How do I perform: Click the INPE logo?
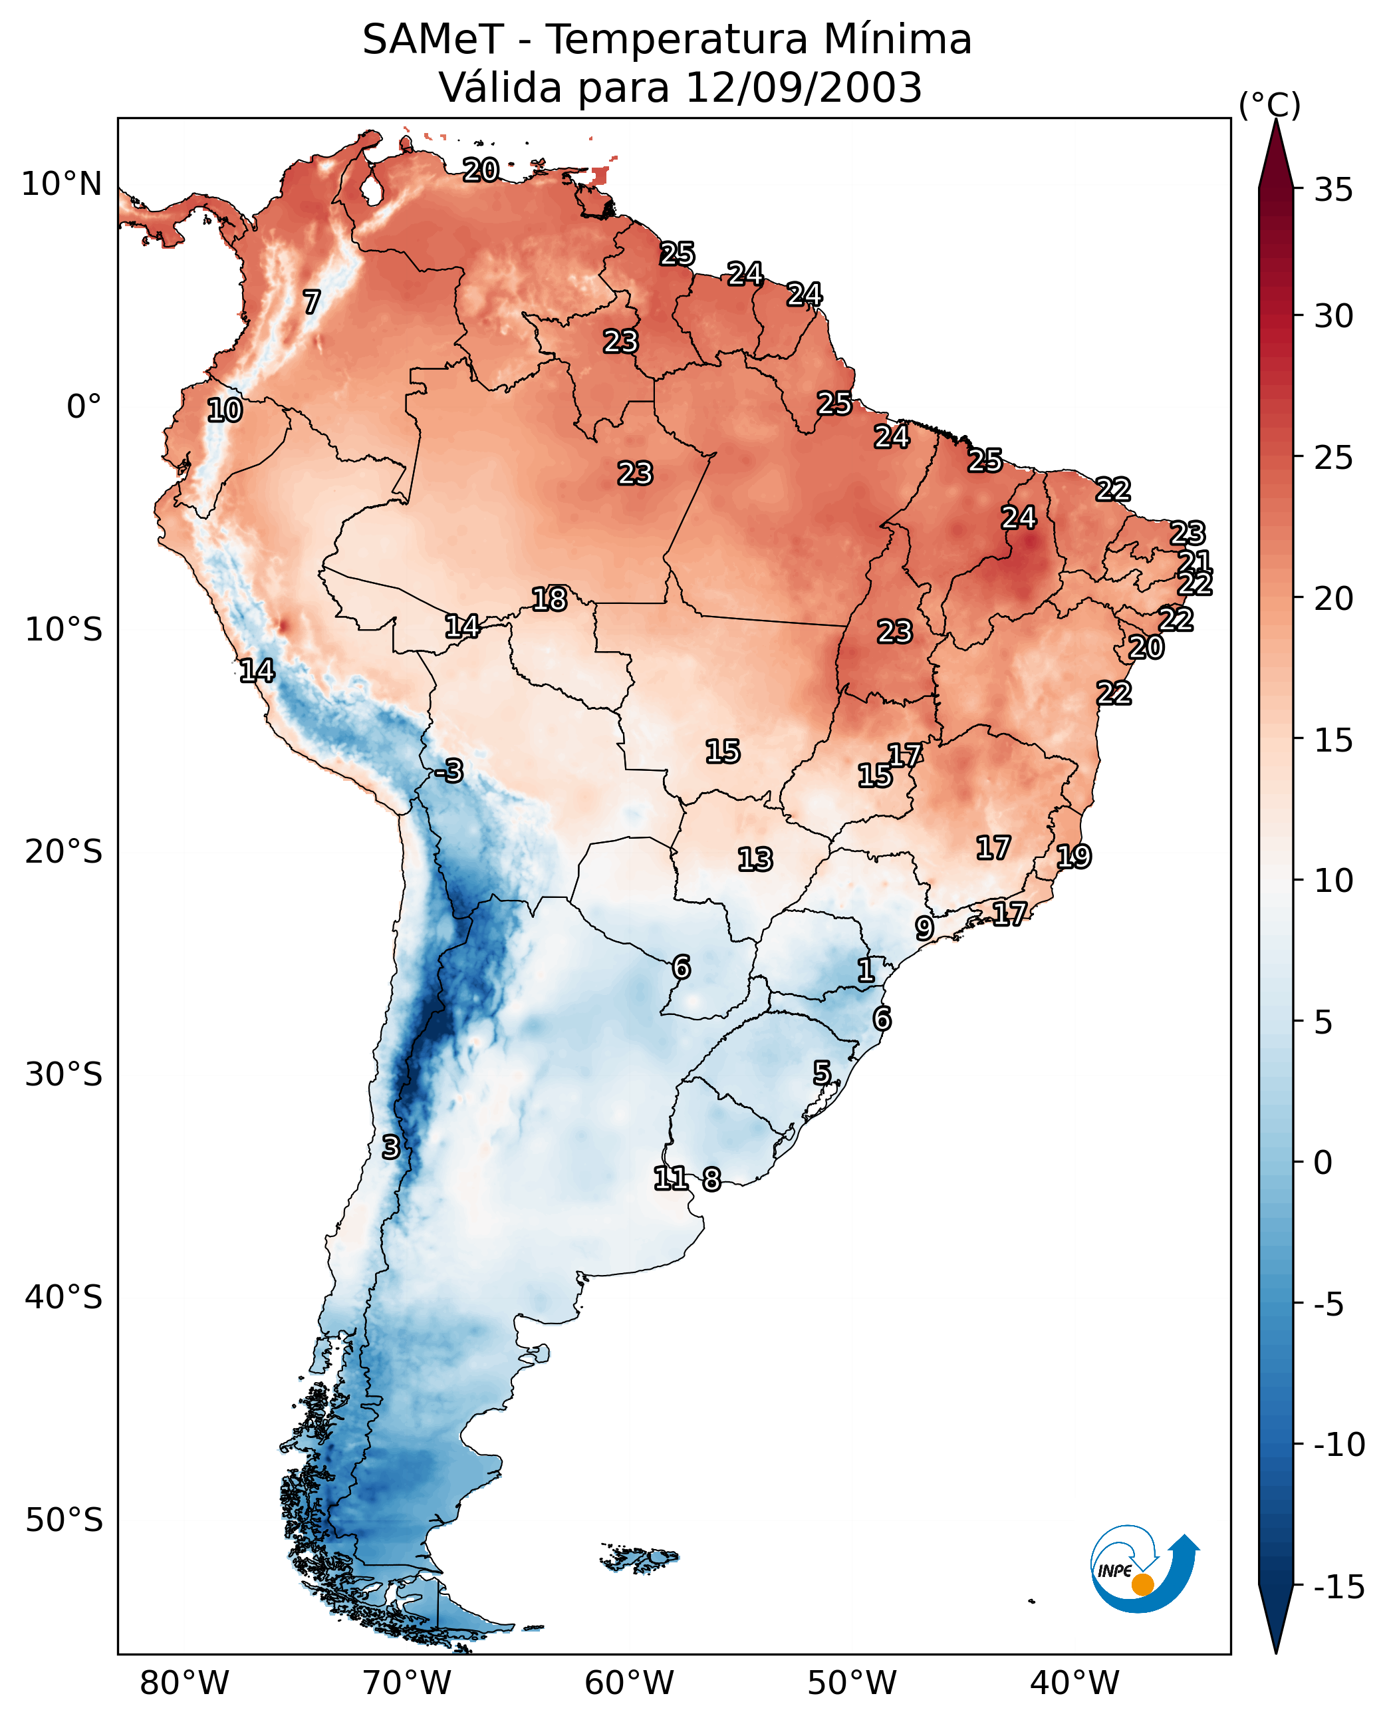[x=1144, y=1568]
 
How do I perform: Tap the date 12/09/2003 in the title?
[x=804, y=87]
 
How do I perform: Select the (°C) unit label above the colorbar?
[x=1269, y=104]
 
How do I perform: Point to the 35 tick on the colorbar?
[x=1333, y=190]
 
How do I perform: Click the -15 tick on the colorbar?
[x=1339, y=1588]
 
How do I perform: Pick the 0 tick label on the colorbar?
[x=1323, y=1163]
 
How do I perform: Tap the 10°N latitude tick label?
[x=62, y=185]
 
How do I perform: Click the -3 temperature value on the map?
[x=449, y=770]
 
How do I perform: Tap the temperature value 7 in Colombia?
[x=312, y=301]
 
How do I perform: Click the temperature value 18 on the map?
[x=550, y=599]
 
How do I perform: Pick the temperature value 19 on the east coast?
[x=1074, y=856]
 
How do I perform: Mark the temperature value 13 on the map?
[x=755, y=859]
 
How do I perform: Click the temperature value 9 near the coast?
[x=924, y=928]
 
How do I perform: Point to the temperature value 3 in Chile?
[x=390, y=1147]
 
